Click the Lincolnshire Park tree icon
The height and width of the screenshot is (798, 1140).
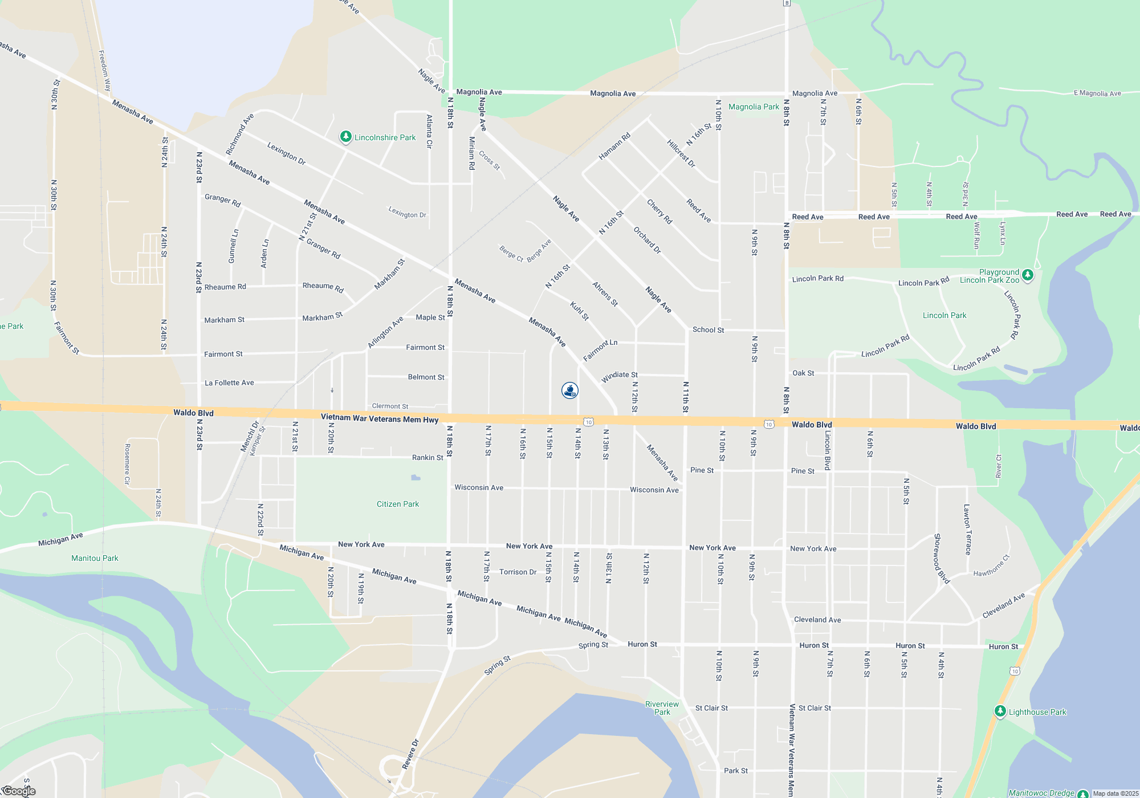coord(345,137)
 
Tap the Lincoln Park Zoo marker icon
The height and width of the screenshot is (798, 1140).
coord(1027,275)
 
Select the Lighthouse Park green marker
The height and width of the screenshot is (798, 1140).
coord(1000,711)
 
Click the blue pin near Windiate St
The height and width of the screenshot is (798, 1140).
coord(570,390)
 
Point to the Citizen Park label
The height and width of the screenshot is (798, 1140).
coord(397,504)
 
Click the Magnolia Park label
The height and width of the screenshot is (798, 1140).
coord(754,107)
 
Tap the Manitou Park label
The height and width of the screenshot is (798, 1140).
coord(95,558)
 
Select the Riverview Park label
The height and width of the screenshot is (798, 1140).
coord(662,708)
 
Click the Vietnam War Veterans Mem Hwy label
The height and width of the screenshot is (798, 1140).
coord(380,418)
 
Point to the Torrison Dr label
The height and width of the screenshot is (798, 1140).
coord(518,572)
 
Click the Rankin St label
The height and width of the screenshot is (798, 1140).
coord(427,457)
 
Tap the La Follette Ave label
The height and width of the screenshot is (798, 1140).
coord(229,382)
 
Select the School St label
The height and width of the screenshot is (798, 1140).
coord(708,329)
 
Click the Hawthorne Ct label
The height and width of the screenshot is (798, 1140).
coord(991,565)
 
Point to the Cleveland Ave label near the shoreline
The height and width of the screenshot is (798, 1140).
coord(1004,605)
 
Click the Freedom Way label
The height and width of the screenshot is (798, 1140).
coord(104,71)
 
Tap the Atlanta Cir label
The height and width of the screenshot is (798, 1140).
coord(429,132)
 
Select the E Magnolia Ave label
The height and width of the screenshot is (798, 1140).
coord(1097,93)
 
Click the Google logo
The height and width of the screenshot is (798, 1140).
coord(19,791)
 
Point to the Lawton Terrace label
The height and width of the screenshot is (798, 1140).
coord(967,529)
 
